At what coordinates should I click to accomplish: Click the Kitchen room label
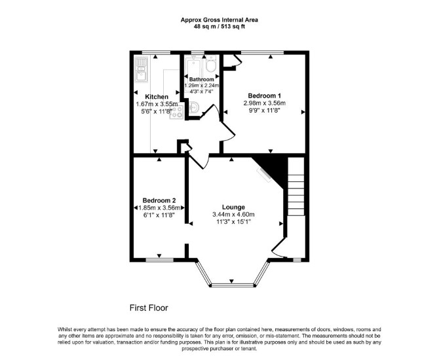coord(157,97)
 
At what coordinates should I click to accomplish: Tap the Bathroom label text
coord(202,79)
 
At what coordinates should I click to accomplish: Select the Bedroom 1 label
coord(265,96)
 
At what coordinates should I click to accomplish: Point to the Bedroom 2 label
coord(159,200)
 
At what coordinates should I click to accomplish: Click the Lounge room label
coord(233,207)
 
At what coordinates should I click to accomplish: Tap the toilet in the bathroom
coord(210,63)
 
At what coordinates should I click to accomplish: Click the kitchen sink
coord(141,69)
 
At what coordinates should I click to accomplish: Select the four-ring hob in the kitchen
coord(177,112)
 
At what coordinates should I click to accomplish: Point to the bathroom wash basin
coord(193,107)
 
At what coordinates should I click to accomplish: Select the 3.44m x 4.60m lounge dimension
coord(233,215)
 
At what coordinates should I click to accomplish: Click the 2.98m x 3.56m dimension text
coord(265,103)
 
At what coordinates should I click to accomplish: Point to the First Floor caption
coord(149,308)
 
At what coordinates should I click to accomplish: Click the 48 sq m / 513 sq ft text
coord(220,27)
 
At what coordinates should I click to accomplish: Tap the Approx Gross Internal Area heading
coord(220,20)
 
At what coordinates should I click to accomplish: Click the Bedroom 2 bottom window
coord(160,260)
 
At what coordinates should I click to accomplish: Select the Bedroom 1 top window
coord(262,52)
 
